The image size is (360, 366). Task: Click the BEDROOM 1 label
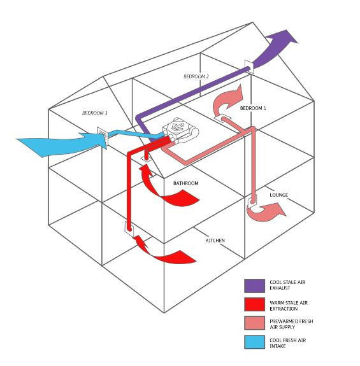click(x=253, y=109)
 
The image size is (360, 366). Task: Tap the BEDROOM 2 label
click(x=196, y=76)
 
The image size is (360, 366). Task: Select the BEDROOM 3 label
click(x=94, y=113)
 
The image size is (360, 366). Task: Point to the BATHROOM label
click(x=186, y=183)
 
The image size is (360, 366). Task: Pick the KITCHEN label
click(x=215, y=240)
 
